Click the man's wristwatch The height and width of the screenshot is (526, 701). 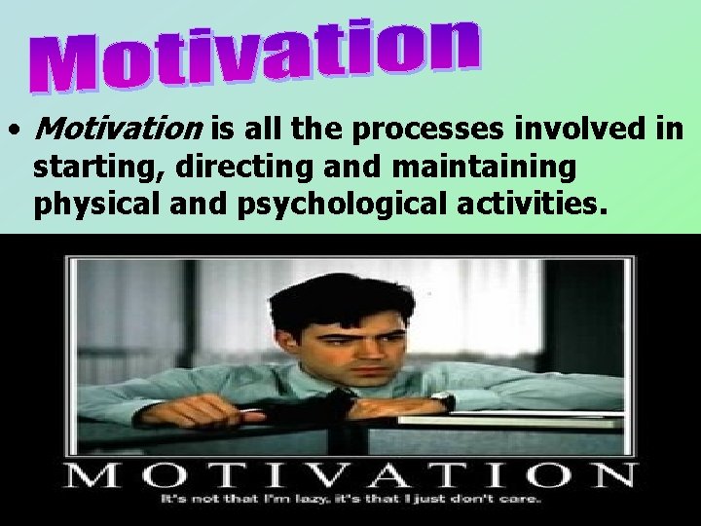[x=443, y=400]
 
